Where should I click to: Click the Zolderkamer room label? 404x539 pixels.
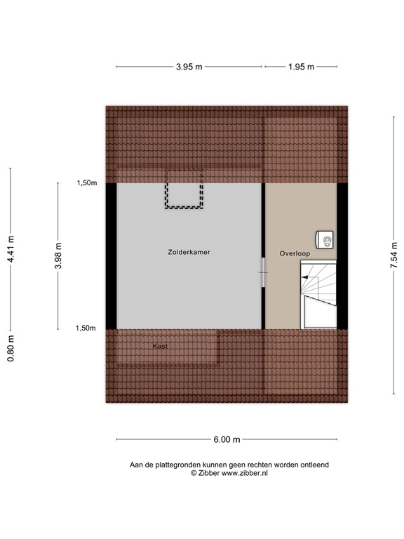coord(189,251)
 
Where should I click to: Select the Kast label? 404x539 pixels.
coord(161,345)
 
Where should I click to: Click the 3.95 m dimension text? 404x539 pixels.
coord(189,67)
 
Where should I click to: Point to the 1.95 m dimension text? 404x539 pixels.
coord(301,67)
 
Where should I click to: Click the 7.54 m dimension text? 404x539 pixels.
coord(394,255)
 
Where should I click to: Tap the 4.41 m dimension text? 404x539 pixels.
coord(11,249)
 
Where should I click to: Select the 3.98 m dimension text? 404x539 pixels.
coord(58,255)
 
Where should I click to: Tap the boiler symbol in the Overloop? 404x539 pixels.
coord(326,240)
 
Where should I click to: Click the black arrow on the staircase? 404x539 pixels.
coord(305,278)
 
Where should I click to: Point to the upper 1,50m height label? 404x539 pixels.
coord(86,183)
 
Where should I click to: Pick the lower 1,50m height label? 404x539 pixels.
coord(86,328)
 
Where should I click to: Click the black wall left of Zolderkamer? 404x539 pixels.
coord(112,255)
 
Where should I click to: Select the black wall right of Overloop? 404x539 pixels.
coord(342,255)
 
